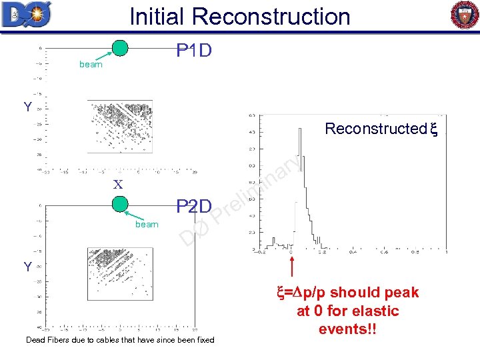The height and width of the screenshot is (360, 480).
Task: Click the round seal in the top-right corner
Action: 465,15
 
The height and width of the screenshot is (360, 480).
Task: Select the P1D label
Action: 193,51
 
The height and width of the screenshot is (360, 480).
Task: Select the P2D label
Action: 193,207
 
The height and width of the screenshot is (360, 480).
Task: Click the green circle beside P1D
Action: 121,48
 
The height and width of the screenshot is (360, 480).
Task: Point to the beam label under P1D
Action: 91,65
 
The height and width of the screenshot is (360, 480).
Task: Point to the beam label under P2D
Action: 147,225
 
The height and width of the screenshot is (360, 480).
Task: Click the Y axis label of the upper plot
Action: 27,107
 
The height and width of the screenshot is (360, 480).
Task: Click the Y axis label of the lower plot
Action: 27,267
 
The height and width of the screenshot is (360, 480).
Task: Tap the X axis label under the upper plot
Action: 118,184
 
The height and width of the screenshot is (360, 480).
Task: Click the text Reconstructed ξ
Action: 379,129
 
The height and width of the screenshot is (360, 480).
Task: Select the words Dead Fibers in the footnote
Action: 49,340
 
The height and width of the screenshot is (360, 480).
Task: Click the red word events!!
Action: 348,329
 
